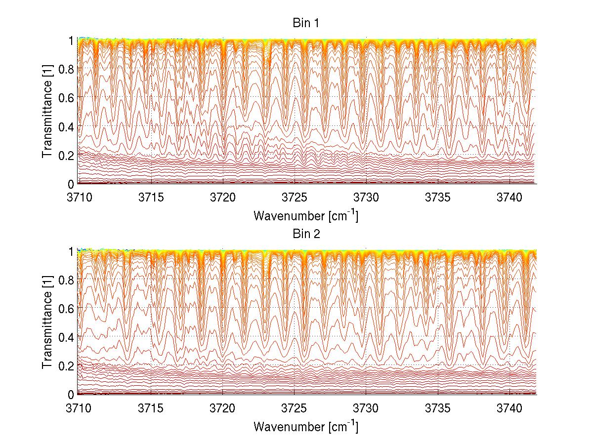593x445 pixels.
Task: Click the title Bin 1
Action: coord(306,23)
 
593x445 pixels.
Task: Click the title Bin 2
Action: coord(306,234)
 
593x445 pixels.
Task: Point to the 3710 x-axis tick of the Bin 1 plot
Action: coord(79,197)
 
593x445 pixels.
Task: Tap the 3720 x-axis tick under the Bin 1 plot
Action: coord(222,197)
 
